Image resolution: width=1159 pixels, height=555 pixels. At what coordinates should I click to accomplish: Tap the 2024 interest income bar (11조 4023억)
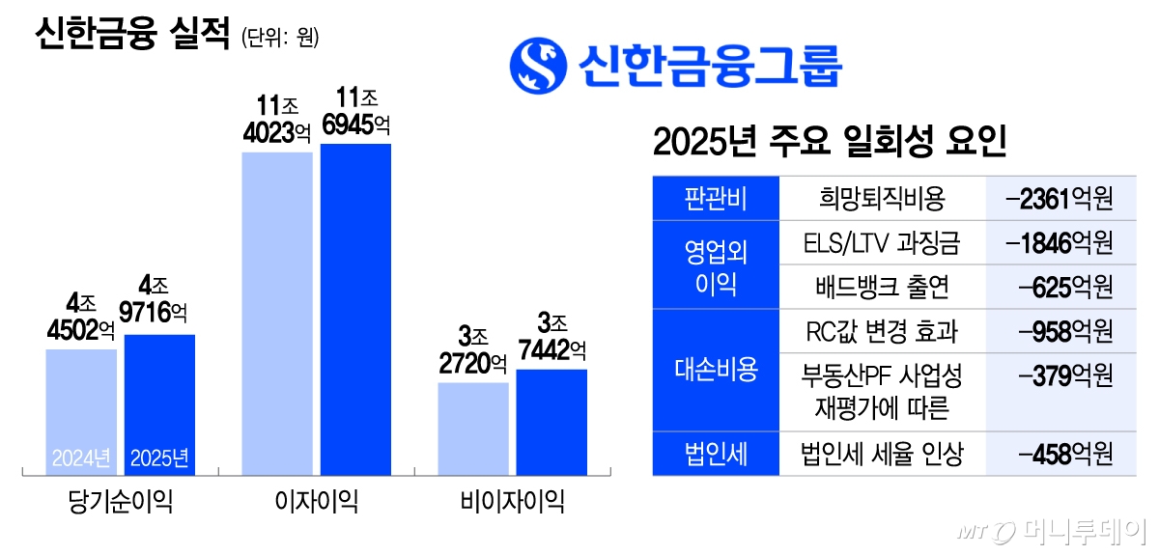click(277, 314)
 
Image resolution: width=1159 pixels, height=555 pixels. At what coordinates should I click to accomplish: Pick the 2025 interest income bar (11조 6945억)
click(355, 309)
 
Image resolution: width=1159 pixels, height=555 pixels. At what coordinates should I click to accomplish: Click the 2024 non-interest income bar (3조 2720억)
click(473, 429)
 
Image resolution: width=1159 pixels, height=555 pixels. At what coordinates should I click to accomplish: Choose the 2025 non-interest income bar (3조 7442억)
click(551, 422)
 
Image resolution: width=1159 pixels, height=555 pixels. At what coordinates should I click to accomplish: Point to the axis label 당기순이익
click(121, 502)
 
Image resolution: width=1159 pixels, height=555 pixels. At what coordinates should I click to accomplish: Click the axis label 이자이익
click(317, 502)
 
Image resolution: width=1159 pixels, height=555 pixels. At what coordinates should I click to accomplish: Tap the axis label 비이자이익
click(512, 502)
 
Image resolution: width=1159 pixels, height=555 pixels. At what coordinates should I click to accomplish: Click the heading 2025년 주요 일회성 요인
click(831, 145)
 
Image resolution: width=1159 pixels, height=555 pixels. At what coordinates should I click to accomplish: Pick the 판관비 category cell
click(716, 199)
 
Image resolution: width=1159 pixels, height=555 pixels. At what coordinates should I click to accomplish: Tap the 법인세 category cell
click(716, 454)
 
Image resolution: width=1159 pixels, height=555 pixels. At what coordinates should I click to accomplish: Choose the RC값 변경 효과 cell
click(882, 331)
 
